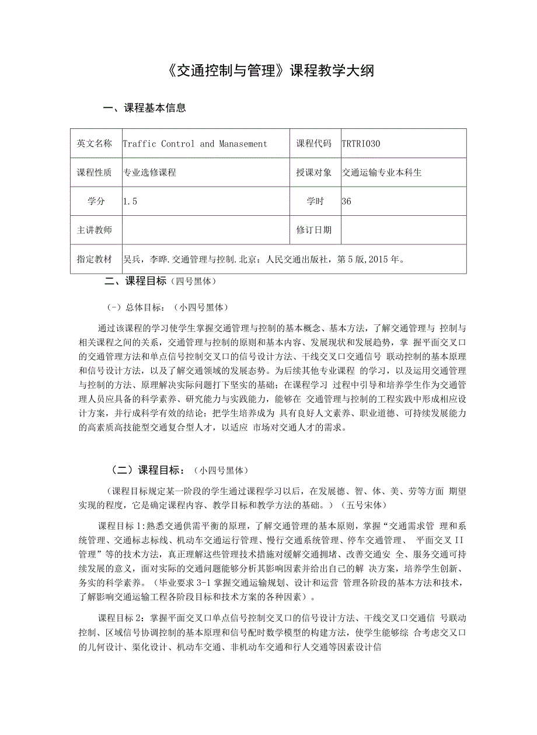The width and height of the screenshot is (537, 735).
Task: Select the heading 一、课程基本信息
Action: [144, 107]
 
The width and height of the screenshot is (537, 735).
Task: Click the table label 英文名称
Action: [95, 143]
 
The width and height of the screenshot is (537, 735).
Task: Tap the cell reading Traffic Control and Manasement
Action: [195, 143]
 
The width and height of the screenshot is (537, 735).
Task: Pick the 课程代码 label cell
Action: [314, 143]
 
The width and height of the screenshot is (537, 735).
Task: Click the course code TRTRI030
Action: [361, 143]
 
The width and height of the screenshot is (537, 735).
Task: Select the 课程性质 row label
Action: [95, 172]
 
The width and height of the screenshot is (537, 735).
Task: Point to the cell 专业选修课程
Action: [150, 172]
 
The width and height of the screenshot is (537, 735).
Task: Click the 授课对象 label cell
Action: [314, 172]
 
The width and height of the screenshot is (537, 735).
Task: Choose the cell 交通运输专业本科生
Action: [382, 172]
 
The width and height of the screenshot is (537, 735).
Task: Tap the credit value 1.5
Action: [130, 201]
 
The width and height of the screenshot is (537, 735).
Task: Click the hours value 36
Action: [347, 201]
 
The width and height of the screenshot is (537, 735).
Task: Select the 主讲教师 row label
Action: [95, 230]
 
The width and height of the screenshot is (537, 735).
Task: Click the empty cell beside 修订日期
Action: [403, 230]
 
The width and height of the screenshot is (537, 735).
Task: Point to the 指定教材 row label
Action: [95, 258]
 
